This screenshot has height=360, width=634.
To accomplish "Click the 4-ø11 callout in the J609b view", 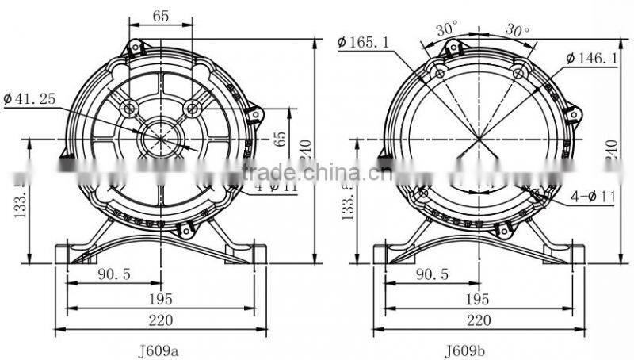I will pos(591,197).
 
